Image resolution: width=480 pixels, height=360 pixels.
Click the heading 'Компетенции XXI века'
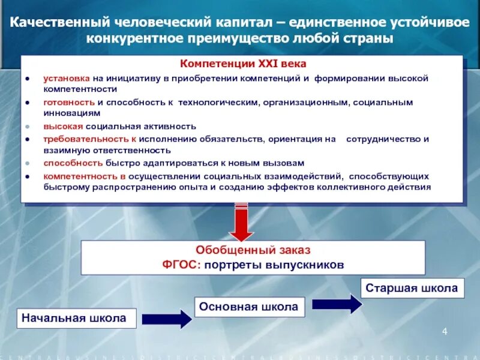coord(244,64)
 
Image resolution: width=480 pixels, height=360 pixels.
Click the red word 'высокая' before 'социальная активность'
coord(62,127)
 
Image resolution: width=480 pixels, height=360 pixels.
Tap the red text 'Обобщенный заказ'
coord(253,251)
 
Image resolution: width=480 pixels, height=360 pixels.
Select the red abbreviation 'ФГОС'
coord(178,265)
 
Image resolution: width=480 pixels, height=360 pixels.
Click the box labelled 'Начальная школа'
coord(74,318)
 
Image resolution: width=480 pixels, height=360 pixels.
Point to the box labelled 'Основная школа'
coord(248,307)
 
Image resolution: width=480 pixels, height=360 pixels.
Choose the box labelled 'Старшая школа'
coord(412,288)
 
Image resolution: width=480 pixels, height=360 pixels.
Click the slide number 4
coord(445,332)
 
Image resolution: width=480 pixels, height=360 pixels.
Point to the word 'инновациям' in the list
coord(67,113)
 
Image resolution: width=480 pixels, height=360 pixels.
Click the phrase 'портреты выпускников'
coord(273,265)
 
